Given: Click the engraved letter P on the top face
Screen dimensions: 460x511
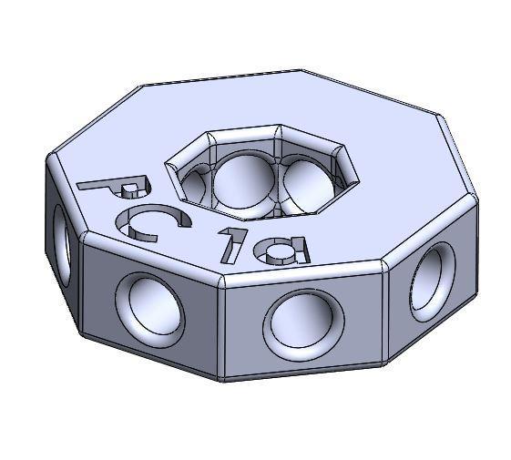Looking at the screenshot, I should click(x=111, y=187).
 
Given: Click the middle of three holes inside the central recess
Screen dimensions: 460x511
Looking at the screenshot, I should click(x=243, y=181).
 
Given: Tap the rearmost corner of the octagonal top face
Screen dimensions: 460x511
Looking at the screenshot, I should click(x=301, y=69).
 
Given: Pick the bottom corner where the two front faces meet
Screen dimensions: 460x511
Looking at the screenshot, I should click(x=220, y=379).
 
